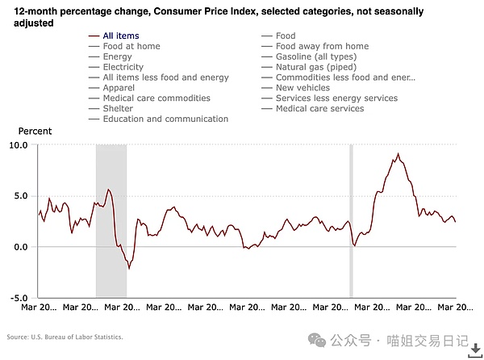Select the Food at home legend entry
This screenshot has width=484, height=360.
131,46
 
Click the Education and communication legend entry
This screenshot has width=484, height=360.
165,119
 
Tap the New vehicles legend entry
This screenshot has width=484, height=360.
302,88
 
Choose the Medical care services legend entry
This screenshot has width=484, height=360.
319,109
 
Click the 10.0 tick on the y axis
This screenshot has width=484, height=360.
18,145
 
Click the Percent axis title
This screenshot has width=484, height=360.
35,131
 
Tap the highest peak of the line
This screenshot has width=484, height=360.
398,153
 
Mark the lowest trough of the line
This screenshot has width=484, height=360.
128,270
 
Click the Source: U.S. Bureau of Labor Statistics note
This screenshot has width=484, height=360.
65,337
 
